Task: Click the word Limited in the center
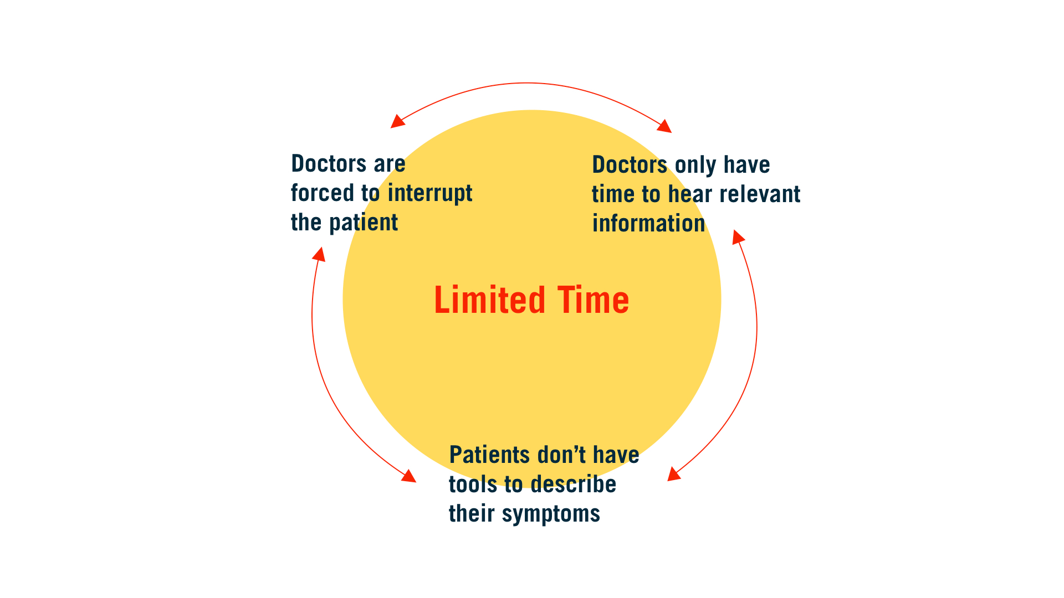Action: pos(489,300)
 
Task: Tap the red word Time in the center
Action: pos(593,300)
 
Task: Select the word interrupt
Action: pos(430,193)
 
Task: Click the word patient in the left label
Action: pos(364,223)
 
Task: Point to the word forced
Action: pos(323,193)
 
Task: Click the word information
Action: pos(648,224)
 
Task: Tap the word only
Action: pos(695,165)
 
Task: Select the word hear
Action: pos(690,194)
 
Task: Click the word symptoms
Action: pos(551,514)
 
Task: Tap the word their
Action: pos(472,514)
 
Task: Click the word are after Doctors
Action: pos(390,164)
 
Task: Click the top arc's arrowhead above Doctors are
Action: pos(397,121)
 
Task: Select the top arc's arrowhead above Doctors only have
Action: pos(664,126)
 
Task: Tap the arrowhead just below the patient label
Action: pos(319,254)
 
